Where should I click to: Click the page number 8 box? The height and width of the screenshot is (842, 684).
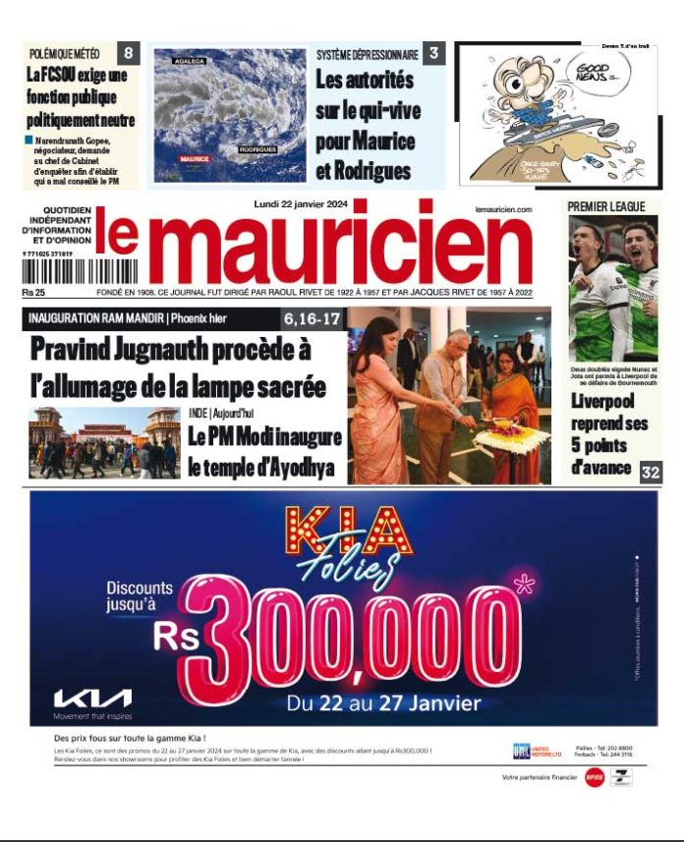point(129,53)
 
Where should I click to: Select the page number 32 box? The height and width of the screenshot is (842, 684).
point(651,471)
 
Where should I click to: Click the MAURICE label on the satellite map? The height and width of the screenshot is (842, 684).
point(195,158)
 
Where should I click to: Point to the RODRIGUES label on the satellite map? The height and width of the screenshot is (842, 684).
point(257,150)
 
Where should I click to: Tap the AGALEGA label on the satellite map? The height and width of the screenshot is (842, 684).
point(189,61)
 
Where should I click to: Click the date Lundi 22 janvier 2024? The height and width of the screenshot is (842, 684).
point(288,204)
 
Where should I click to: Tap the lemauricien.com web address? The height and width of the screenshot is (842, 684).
point(502,209)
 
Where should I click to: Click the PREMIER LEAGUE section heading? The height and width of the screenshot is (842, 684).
point(606,206)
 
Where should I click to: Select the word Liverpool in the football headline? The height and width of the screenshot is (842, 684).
point(602,402)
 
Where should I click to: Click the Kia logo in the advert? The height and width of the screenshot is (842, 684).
point(92,700)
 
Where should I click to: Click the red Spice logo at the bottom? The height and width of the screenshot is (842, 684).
point(594,777)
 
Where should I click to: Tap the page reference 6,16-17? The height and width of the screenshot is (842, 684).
point(312,318)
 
